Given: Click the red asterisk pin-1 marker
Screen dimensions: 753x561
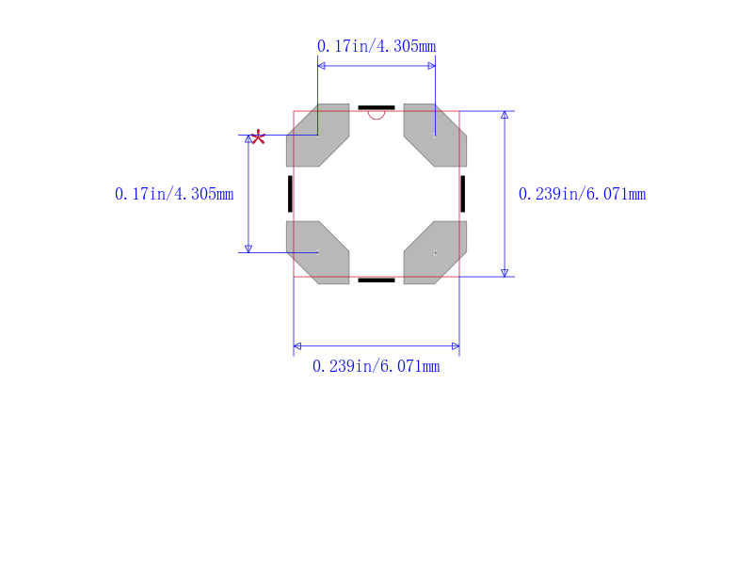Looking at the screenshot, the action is pyautogui.click(x=258, y=136).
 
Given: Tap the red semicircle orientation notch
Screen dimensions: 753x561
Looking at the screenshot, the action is pyautogui.click(x=376, y=116).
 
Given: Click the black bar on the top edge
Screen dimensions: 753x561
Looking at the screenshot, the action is pyautogui.click(x=376, y=107).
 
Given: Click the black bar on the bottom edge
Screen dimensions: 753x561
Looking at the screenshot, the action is pyautogui.click(x=376, y=280).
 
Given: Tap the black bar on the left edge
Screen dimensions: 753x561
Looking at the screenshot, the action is pyautogui.click(x=290, y=194).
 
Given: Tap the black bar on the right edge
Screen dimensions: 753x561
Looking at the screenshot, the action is pyautogui.click(x=463, y=194).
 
